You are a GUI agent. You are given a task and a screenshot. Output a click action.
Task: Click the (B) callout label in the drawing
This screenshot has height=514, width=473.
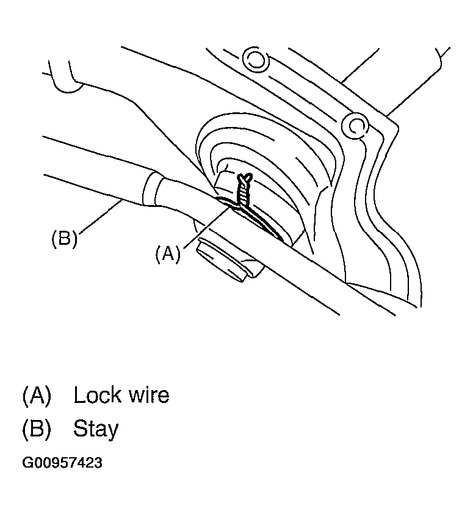click(x=63, y=238)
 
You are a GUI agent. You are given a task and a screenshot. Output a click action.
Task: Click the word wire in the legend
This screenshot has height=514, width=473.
click(x=146, y=395)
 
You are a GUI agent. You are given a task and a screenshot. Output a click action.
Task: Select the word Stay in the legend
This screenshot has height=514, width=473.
click(x=96, y=429)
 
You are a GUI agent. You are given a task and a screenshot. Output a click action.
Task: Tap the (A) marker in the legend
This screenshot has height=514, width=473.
click(x=37, y=395)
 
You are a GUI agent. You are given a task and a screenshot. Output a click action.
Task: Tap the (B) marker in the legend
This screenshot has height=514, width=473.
click(x=37, y=429)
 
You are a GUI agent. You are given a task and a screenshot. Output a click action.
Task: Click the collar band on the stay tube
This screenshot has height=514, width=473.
click(x=156, y=190)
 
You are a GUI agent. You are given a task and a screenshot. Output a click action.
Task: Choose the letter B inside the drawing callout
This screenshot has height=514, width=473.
click(x=63, y=238)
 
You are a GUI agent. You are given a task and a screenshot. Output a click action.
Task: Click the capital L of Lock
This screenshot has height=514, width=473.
click(x=79, y=395)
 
